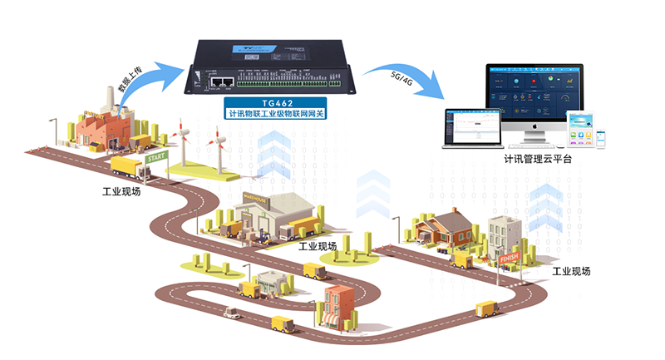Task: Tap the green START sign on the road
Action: point(156,156)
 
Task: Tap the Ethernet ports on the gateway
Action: point(222,81)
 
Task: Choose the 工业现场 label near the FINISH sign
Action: point(570,272)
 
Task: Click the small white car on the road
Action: point(234,314)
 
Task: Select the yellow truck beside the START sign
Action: point(127,169)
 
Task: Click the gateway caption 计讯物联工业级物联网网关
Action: point(273,112)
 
